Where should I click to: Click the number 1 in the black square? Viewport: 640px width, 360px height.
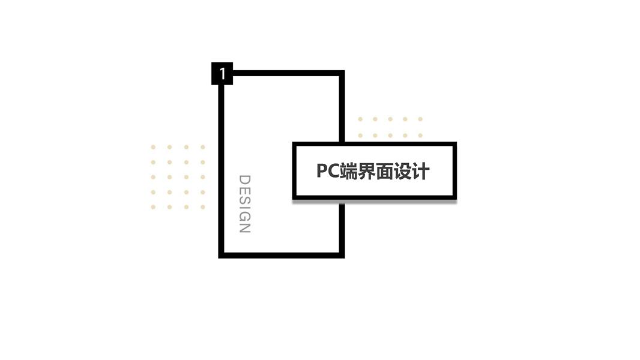[222, 74]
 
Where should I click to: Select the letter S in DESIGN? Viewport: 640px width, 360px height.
[244, 200]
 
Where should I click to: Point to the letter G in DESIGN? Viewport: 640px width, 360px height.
[244, 217]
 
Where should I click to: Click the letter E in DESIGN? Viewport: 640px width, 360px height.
[244, 190]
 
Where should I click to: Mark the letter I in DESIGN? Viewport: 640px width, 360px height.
[244, 208]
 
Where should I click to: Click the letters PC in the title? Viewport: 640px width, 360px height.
[327, 171]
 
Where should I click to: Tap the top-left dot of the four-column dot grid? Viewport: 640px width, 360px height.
[153, 147]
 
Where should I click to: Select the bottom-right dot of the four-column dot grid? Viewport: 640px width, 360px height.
[203, 207]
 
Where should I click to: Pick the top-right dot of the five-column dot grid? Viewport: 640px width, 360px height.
[420, 119]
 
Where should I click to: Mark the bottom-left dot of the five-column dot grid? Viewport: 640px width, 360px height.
[360, 136]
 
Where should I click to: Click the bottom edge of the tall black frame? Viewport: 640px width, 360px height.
[281, 254]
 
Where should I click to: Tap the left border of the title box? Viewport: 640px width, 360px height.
[295, 171]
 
